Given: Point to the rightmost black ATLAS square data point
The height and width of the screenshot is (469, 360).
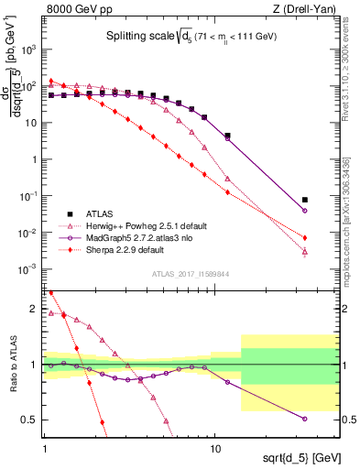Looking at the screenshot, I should click(305, 200).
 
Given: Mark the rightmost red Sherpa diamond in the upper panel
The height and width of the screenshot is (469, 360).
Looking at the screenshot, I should click(305, 238).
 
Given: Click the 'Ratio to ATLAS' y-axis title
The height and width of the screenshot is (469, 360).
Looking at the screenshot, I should click(13, 365).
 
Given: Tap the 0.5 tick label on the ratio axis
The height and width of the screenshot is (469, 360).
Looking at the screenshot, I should click(32, 420).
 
